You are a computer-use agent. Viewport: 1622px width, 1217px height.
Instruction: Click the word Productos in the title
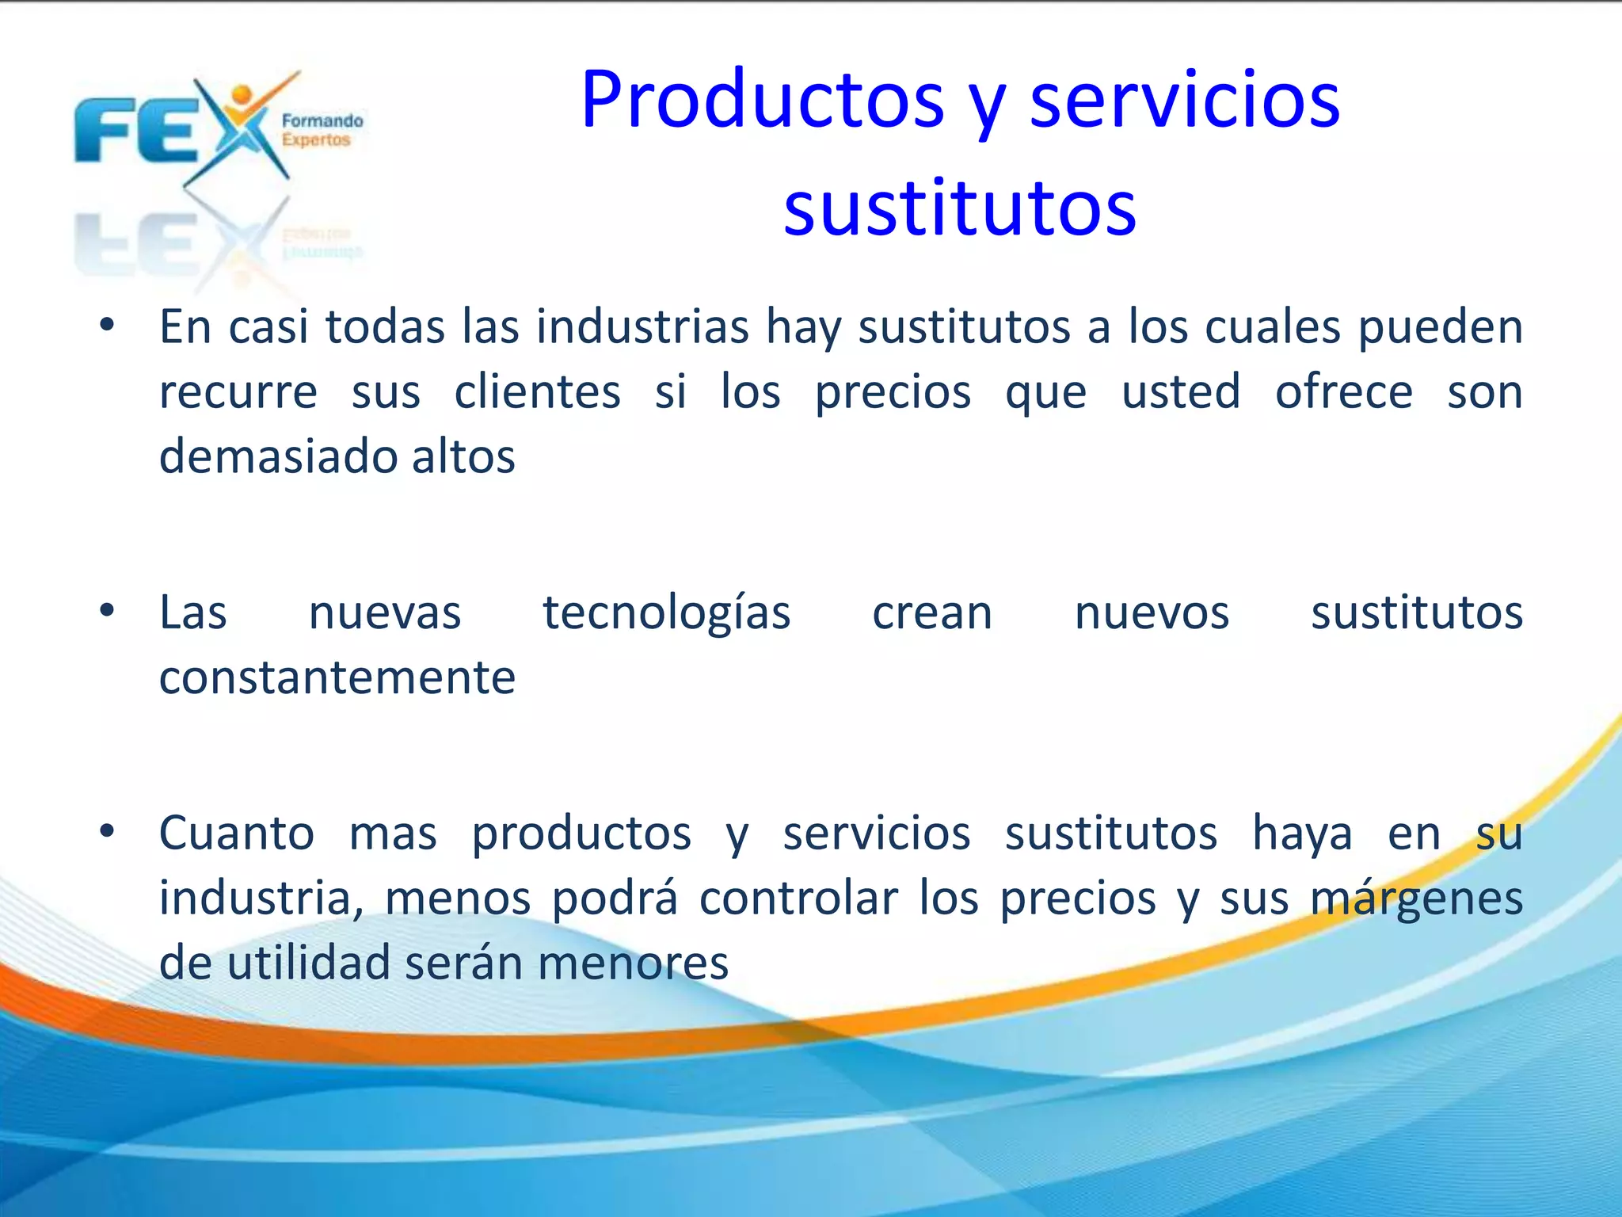point(762,101)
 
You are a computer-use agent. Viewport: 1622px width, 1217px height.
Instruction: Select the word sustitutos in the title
point(959,209)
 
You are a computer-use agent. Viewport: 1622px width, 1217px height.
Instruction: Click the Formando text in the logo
point(322,121)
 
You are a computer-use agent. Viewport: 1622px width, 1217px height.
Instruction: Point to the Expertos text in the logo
point(316,140)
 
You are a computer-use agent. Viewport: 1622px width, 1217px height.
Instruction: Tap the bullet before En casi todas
point(108,326)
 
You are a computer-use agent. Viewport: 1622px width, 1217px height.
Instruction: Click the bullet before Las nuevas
point(108,611)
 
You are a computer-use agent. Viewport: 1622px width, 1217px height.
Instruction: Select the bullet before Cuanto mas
point(108,832)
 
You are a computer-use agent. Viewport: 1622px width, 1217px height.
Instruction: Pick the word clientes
point(537,392)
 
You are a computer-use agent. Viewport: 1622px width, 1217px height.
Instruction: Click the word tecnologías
point(666,613)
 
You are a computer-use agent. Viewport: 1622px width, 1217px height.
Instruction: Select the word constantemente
point(337,678)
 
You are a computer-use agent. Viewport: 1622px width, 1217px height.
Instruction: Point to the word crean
point(931,613)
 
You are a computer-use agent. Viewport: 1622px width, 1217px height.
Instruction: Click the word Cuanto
point(236,834)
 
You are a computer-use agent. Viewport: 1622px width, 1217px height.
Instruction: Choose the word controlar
point(798,898)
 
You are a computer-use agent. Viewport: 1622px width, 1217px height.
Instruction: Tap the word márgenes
point(1416,898)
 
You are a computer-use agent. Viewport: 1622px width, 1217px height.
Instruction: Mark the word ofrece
point(1343,392)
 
